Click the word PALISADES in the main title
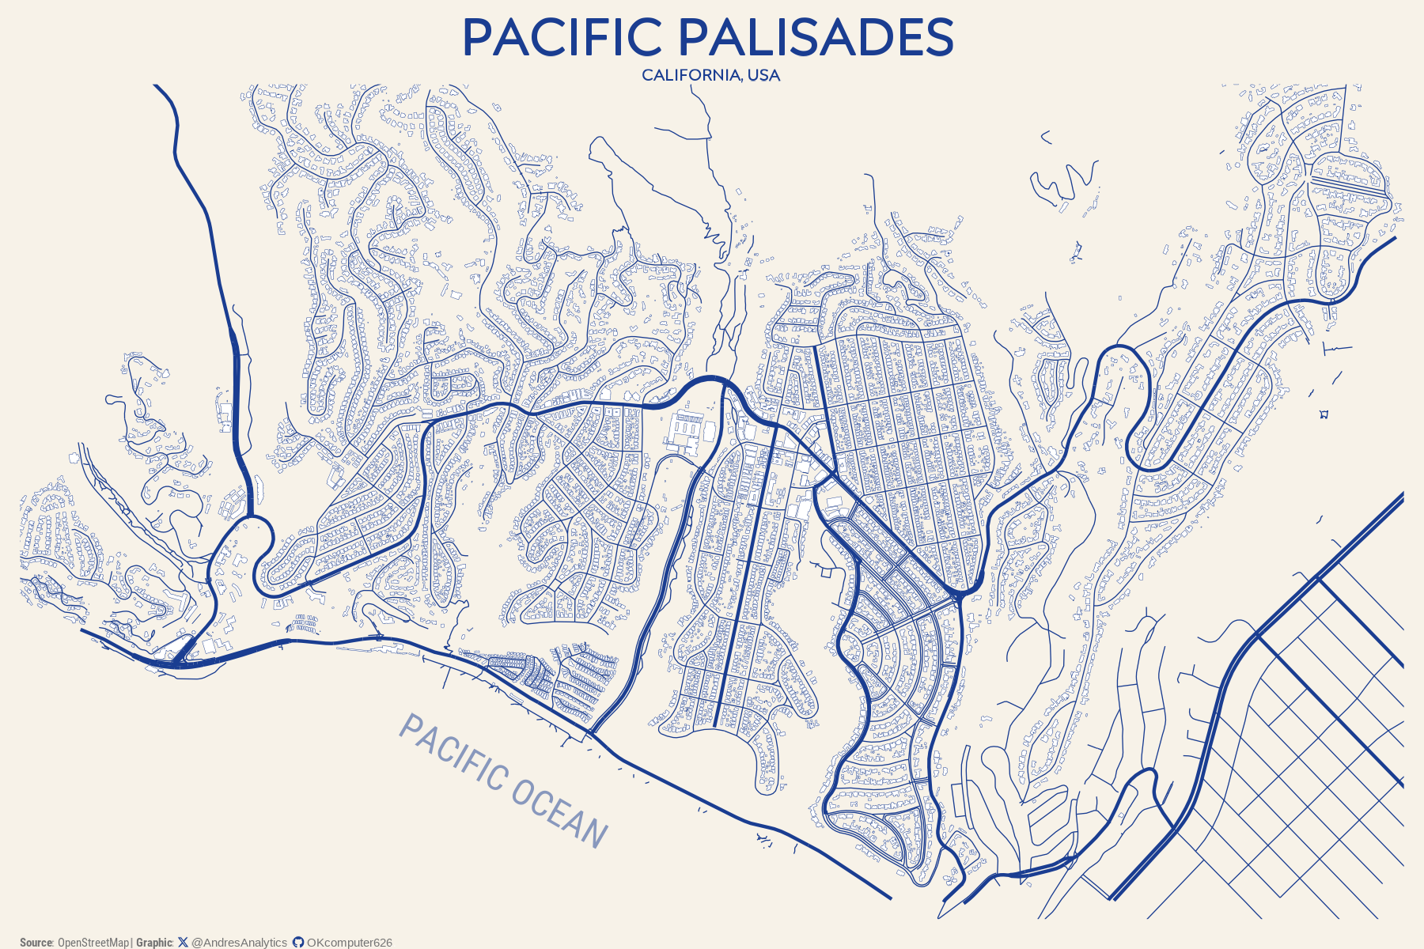click(x=816, y=37)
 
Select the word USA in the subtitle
click(x=763, y=75)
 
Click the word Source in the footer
click(x=36, y=943)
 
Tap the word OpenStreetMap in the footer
click(x=93, y=943)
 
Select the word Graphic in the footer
click(x=153, y=943)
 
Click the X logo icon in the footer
click(x=184, y=943)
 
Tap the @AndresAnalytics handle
click(x=240, y=943)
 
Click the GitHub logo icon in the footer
click(x=298, y=943)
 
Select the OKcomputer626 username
click(x=350, y=943)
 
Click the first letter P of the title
click(x=479, y=37)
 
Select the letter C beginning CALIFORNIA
click(x=647, y=75)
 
